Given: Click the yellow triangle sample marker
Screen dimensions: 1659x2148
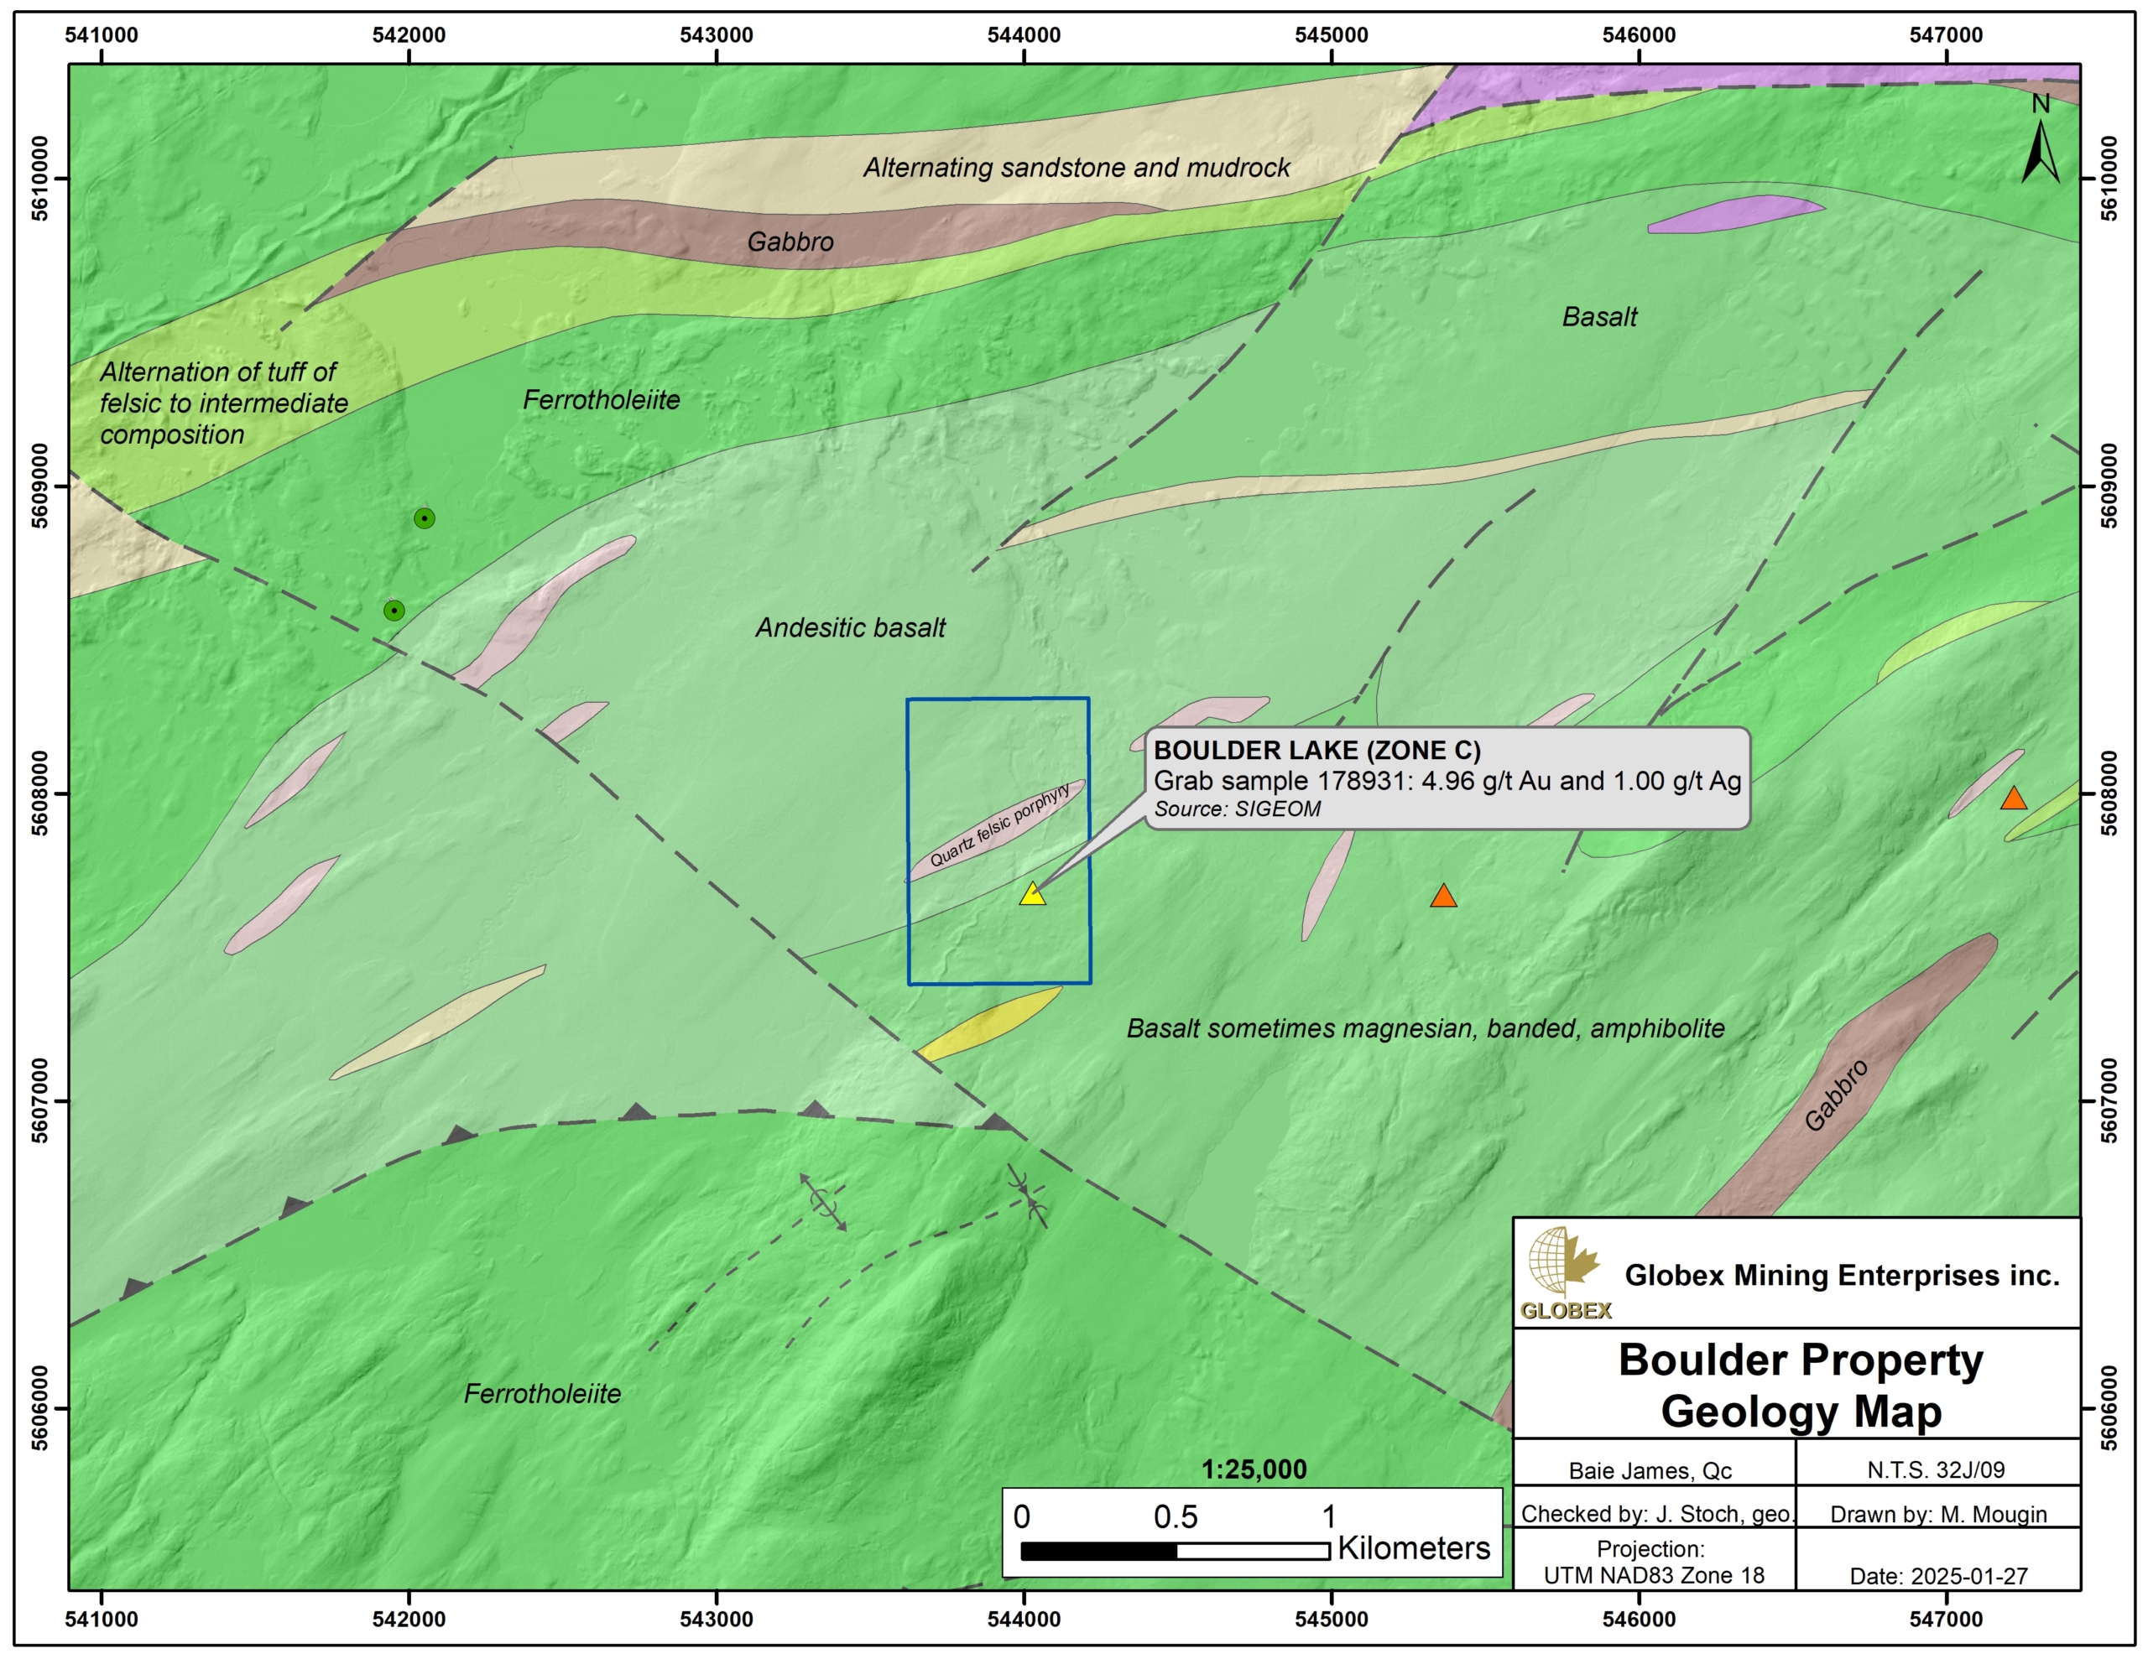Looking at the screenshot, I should [x=1032, y=894].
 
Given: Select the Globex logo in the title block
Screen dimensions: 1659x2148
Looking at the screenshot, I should [x=1565, y=1272].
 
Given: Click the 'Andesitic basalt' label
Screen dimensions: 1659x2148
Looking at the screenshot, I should [x=850, y=627].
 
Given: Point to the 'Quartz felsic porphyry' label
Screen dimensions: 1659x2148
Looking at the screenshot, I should [x=999, y=826].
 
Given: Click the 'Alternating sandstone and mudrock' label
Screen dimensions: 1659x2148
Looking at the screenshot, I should [x=1076, y=167].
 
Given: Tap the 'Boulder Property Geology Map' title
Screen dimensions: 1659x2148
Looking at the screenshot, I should [x=1801, y=1385].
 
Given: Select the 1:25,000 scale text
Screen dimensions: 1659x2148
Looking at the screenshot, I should [x=1254, y=1469].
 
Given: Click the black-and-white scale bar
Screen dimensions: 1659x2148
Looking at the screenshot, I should [x=1176, y=1551].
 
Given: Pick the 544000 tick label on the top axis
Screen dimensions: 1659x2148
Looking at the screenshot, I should [x=1024, y=35].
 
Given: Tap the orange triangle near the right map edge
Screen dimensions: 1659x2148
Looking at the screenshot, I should [x=2013, y=798].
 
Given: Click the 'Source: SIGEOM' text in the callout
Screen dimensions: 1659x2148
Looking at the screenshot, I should [x=1238, y=809].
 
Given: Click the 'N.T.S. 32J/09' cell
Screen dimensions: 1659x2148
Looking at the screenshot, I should [x=1936, y=1469].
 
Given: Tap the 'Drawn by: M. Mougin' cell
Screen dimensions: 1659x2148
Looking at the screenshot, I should [x=1938, y=1515].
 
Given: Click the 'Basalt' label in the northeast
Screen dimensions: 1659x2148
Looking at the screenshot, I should [x=1599, y=317].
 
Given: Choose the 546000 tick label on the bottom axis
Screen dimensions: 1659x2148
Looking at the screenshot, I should [x=1639, y=1620].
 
